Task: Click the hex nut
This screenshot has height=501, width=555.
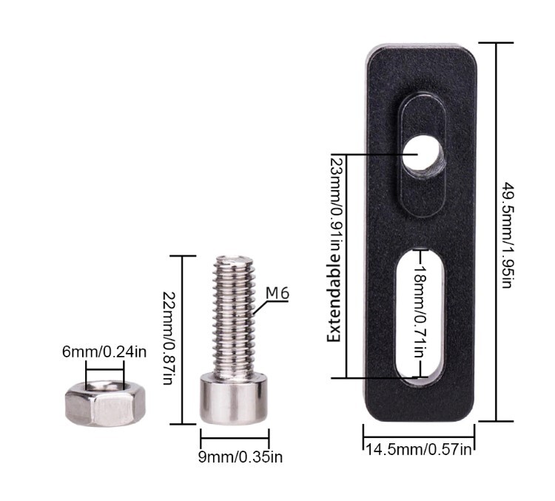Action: click(x=105, y=403)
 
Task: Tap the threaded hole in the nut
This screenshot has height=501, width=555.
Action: click(x=105, y=386)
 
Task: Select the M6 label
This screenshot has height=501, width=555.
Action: click(x=277, y=294)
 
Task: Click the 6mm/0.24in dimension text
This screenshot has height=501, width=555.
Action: click(x=104, y=352)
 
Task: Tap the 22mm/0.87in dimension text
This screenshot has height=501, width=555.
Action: click(x=169, y=338)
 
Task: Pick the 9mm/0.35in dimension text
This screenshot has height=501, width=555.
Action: click(x=240, y=457)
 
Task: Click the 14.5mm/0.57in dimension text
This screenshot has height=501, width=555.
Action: click(x=418, y=450)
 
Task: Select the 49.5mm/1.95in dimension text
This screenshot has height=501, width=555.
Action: click(x=508, y=235)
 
